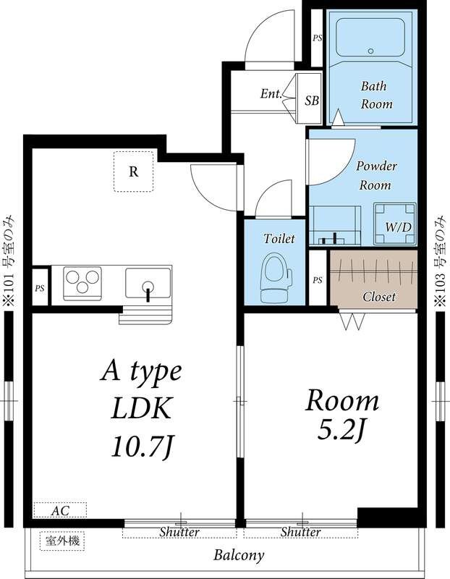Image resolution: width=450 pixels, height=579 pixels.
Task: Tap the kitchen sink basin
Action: (x=148, y=283)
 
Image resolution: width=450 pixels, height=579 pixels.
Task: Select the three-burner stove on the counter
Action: (x=82, y=283)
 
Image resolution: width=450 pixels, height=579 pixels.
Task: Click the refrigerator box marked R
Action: (x=133, y=172)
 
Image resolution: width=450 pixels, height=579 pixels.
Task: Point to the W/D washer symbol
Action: (x=395, y=224)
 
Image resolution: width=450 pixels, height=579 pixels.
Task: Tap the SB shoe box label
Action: (x=312, y=100)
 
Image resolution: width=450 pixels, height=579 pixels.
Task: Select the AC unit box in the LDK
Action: (x=60, y=510)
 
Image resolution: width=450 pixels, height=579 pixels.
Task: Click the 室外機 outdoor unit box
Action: (x=62, y=541)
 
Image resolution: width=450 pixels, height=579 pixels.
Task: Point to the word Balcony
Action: (x=239, y=555)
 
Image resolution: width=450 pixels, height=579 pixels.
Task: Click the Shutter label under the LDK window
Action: (x=179, y=532)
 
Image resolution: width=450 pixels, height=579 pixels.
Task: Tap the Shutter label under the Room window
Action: (x=300, y=532)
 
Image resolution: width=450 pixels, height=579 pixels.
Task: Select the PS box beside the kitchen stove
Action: (x=40, y=287)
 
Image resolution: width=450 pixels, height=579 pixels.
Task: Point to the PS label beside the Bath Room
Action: (x=318, y=38)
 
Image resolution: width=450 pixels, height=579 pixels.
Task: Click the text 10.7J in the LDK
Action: (x=143, y=447)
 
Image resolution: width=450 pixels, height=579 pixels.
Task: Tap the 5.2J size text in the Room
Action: (x=341, y=430)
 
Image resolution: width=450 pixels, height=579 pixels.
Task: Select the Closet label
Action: (x=379, y=297)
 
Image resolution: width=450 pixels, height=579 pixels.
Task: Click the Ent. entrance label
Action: (x=271, y=93)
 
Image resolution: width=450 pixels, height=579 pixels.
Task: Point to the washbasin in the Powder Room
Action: (x=334, y=225)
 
